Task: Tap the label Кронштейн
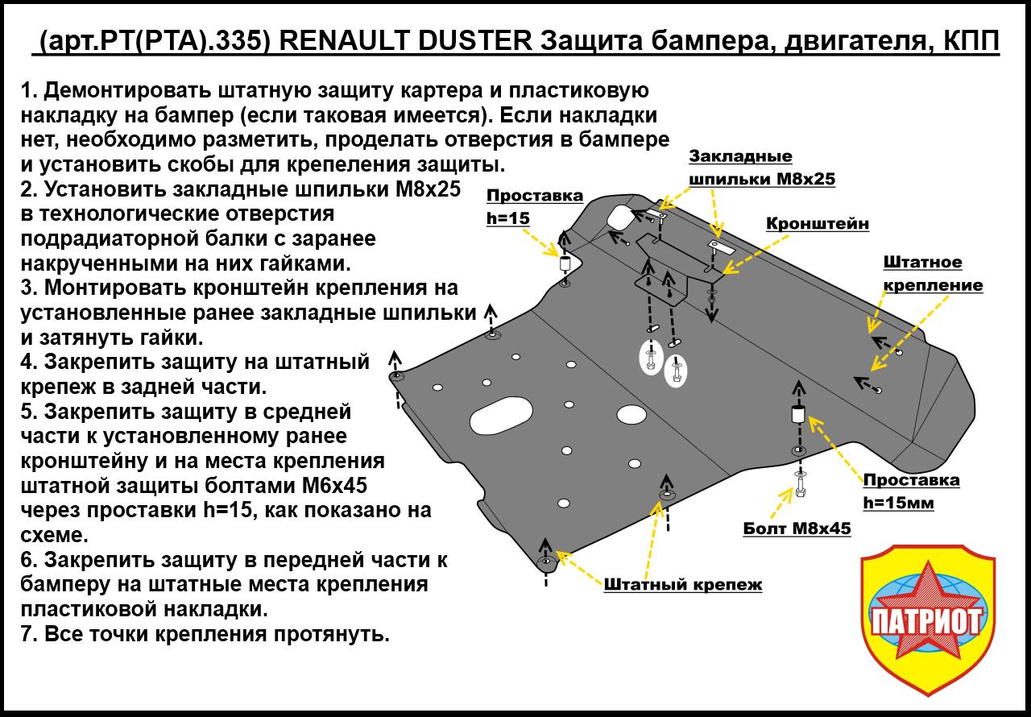click(x=817, y=224)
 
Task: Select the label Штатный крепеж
click(x=682, y=585)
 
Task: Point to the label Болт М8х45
click(x=796, y=528)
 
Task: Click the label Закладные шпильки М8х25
click(x=761, y=168)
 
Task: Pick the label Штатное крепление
click(x=933, y=274)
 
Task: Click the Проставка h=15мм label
click(x=911, y=491)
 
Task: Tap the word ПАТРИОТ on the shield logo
click(x=926, y=620)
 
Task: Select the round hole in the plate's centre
click(x=631, y=415)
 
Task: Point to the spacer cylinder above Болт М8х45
click(x=797, y=414)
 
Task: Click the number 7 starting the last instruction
click(x=28, y=634)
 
